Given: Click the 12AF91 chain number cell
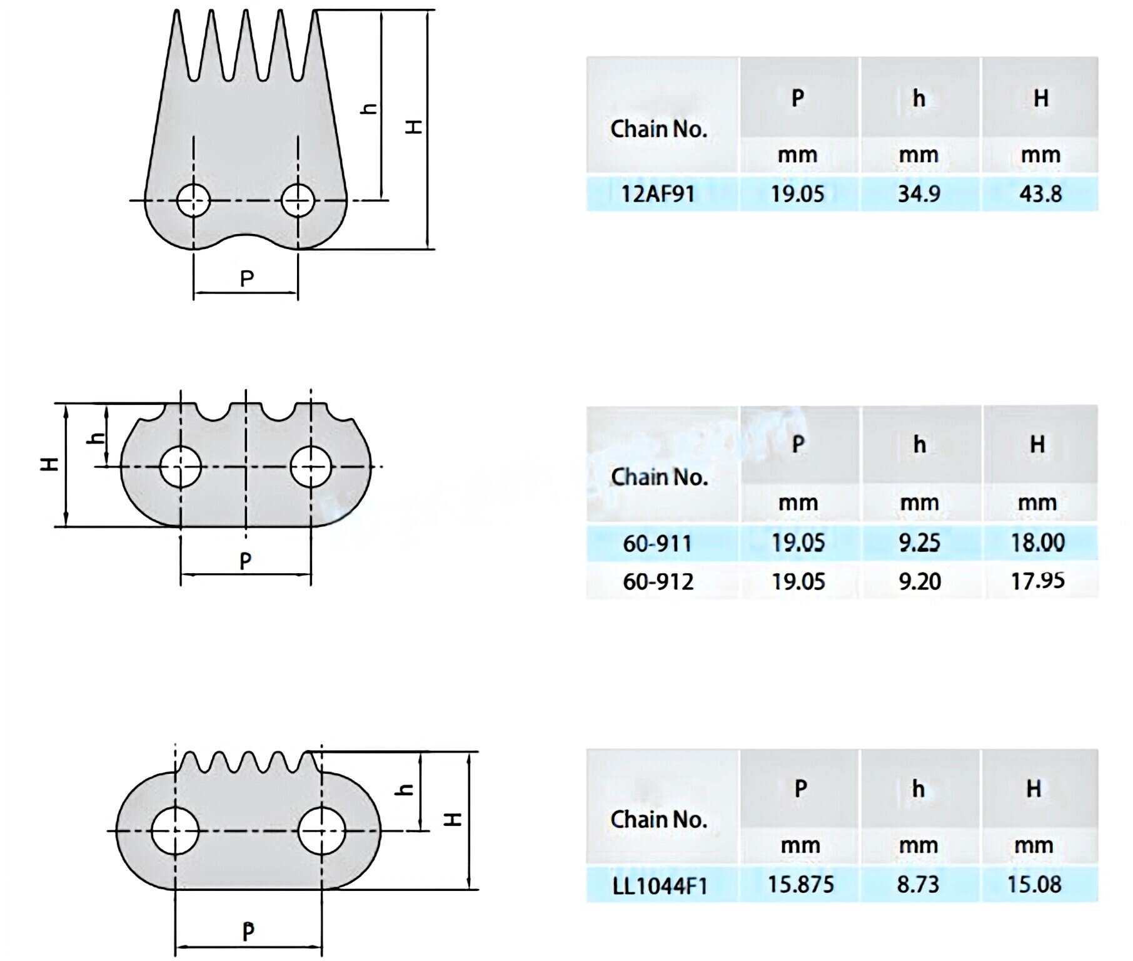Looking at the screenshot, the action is (x=658, y=194).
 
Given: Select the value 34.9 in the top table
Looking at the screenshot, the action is (x=919, y=194).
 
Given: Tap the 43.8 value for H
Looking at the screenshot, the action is (x=1040, y=194).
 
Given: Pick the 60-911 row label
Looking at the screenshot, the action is (x=658, y=543).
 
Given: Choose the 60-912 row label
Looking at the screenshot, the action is (x=658, y=582).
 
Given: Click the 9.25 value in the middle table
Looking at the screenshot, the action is (x=919, y=542).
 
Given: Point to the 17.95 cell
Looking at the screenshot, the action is (x=1038, y=581).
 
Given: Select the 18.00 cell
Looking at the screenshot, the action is (x=1038, y=542).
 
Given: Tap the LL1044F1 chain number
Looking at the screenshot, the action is (x=660, y=886).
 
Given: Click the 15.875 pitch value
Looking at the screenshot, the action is (x=801, y=884).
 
